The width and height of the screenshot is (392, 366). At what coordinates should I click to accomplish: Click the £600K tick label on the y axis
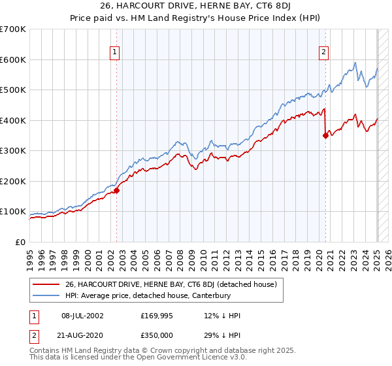13,59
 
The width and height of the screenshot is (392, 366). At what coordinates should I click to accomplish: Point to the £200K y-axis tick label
13,181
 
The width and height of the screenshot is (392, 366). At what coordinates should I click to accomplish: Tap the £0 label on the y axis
20,242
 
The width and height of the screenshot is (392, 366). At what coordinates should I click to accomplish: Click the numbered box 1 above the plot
115,54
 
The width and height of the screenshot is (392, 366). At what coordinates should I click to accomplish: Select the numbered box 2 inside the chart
323,54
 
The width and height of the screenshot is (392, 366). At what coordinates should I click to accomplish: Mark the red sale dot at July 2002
117,191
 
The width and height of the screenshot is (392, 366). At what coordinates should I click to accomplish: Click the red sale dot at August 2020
325,136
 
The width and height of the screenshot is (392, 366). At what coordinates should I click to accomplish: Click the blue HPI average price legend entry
157,296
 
